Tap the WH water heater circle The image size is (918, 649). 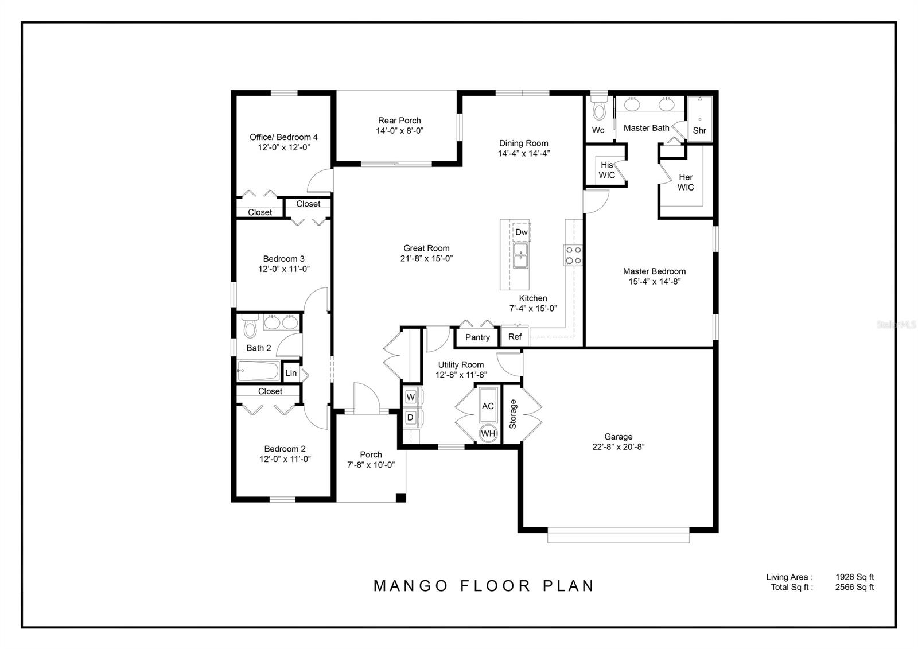click(x=488, y=434)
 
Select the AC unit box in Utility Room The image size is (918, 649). click(x=488, y=406)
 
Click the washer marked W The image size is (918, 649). click(x=411, y=397)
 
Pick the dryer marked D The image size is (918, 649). click(x=410, y=418)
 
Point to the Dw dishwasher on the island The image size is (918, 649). click(x=521, y=232)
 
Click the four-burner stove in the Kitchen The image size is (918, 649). click(x=573, y=255)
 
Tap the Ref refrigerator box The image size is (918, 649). click(x=515, y=337)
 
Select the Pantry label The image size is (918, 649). click(x=477, y=337)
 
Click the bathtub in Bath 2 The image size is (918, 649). click(x=258, y=371)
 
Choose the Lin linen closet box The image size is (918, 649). click(x=291, y=373)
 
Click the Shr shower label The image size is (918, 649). click(x=699, y=131)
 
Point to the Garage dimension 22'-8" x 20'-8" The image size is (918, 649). click(x=619, y=447)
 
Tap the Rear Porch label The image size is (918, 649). click(x=399, y=121)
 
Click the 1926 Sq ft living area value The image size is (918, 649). click(x=854, y=577)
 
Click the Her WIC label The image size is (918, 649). click(x=686, y=182)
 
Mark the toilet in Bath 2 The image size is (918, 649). click(x=250, y=327)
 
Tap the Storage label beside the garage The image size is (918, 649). click(x=513, y=414)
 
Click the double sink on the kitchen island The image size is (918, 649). click(x=521, y=256)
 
